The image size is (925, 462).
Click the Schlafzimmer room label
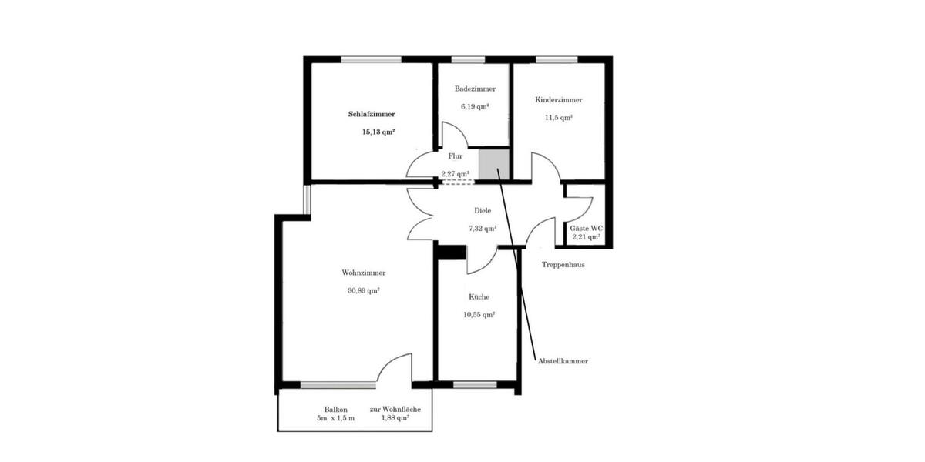372,114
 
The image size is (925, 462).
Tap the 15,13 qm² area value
378,132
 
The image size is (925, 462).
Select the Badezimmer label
475,89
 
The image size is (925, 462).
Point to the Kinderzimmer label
559,100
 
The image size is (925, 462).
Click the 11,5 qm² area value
558,118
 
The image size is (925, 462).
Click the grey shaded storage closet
494,164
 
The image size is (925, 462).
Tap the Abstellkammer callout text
563,361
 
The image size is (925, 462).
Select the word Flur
456,156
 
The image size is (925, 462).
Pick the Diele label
483,211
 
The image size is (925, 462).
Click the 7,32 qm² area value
483,229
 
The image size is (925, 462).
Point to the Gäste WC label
587,229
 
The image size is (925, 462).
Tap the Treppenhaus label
563,265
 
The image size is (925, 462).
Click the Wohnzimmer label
363,273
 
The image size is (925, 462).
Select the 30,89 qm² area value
363,291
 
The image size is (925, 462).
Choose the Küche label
479,297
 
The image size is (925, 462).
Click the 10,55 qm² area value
479,315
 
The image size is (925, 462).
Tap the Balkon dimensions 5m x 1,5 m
336,418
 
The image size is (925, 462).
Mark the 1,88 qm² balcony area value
395,418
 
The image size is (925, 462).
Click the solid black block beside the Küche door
452,253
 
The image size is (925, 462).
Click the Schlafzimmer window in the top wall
372,60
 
